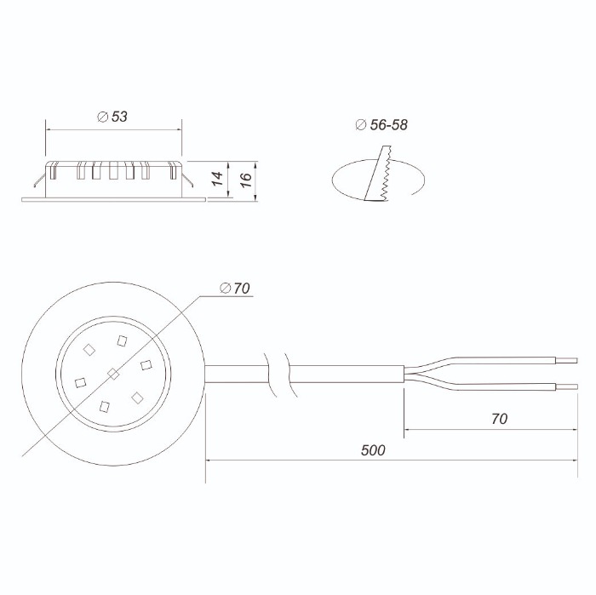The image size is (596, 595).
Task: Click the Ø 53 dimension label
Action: coord(112,117)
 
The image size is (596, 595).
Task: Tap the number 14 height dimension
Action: coord(217,179)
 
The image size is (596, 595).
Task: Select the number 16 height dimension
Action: coord(245,180)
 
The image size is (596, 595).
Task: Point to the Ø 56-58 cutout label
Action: coord(381,124)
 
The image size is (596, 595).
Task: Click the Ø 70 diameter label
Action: coord(235,289)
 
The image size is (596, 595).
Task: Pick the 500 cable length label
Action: coord(373,450)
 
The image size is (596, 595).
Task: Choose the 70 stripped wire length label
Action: coord(499,419)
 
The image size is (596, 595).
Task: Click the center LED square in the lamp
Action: coord(113,374)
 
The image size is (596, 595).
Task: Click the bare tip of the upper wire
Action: coord(567,360)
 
